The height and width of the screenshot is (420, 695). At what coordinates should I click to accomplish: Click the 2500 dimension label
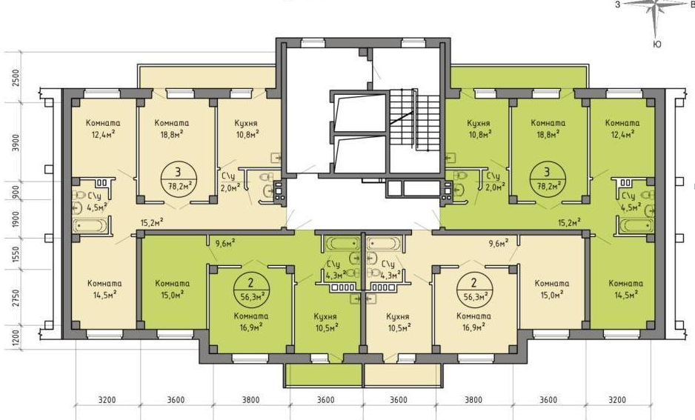coord(16,78)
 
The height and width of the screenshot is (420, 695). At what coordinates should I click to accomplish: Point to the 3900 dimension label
coord(16,143)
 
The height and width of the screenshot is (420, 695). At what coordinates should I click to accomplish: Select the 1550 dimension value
coord(16,255)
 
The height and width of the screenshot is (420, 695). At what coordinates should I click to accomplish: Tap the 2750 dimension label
coord(16,298)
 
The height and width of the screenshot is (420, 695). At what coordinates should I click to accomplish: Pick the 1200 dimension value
coord(16,339)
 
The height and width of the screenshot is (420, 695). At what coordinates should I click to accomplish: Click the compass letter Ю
coord(657,44)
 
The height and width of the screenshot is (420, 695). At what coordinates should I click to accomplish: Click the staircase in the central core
coord(414,121)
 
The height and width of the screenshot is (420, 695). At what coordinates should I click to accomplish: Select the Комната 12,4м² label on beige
coord(103,128)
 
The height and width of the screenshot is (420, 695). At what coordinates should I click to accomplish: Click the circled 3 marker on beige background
coord(179,177)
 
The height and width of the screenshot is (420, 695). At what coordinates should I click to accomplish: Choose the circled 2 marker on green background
coord(251,289)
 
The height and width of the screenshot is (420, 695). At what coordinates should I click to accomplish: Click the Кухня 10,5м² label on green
coord(325,321)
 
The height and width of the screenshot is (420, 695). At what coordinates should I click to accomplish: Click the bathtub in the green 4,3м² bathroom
coord(342,244)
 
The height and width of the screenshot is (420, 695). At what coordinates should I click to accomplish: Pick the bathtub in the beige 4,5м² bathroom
coord(90,225)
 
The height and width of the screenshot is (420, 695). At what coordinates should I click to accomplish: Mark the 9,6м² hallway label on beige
coord(498,243)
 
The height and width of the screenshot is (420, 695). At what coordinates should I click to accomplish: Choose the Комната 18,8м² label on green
coord(548,128)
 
